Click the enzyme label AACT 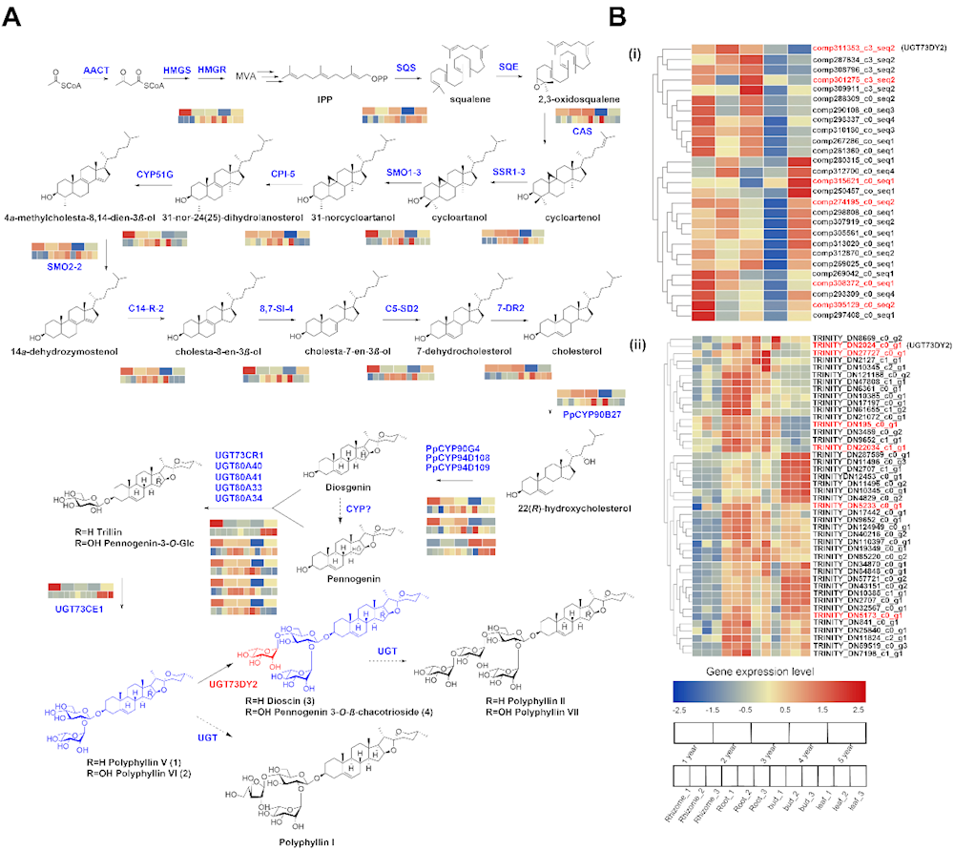(x=96, y=72)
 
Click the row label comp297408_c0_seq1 (x=853, y=316)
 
